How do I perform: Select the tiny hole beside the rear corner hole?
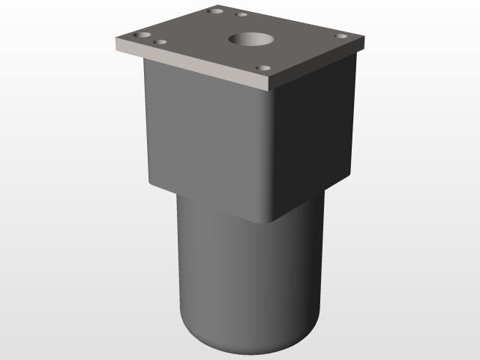pyautogui.click(x=241, y=14)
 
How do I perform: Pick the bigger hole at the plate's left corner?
pyautogui.click(x=142, y=36)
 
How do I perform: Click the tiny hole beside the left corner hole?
pyautogui.click(x=160, y=42)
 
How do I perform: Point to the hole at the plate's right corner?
pyautogui.click(x=340, y=36)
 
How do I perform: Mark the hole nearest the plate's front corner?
pyautogui.click(x=262, y=68)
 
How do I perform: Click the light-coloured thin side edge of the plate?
pyautogui.click(x=187, y=65)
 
